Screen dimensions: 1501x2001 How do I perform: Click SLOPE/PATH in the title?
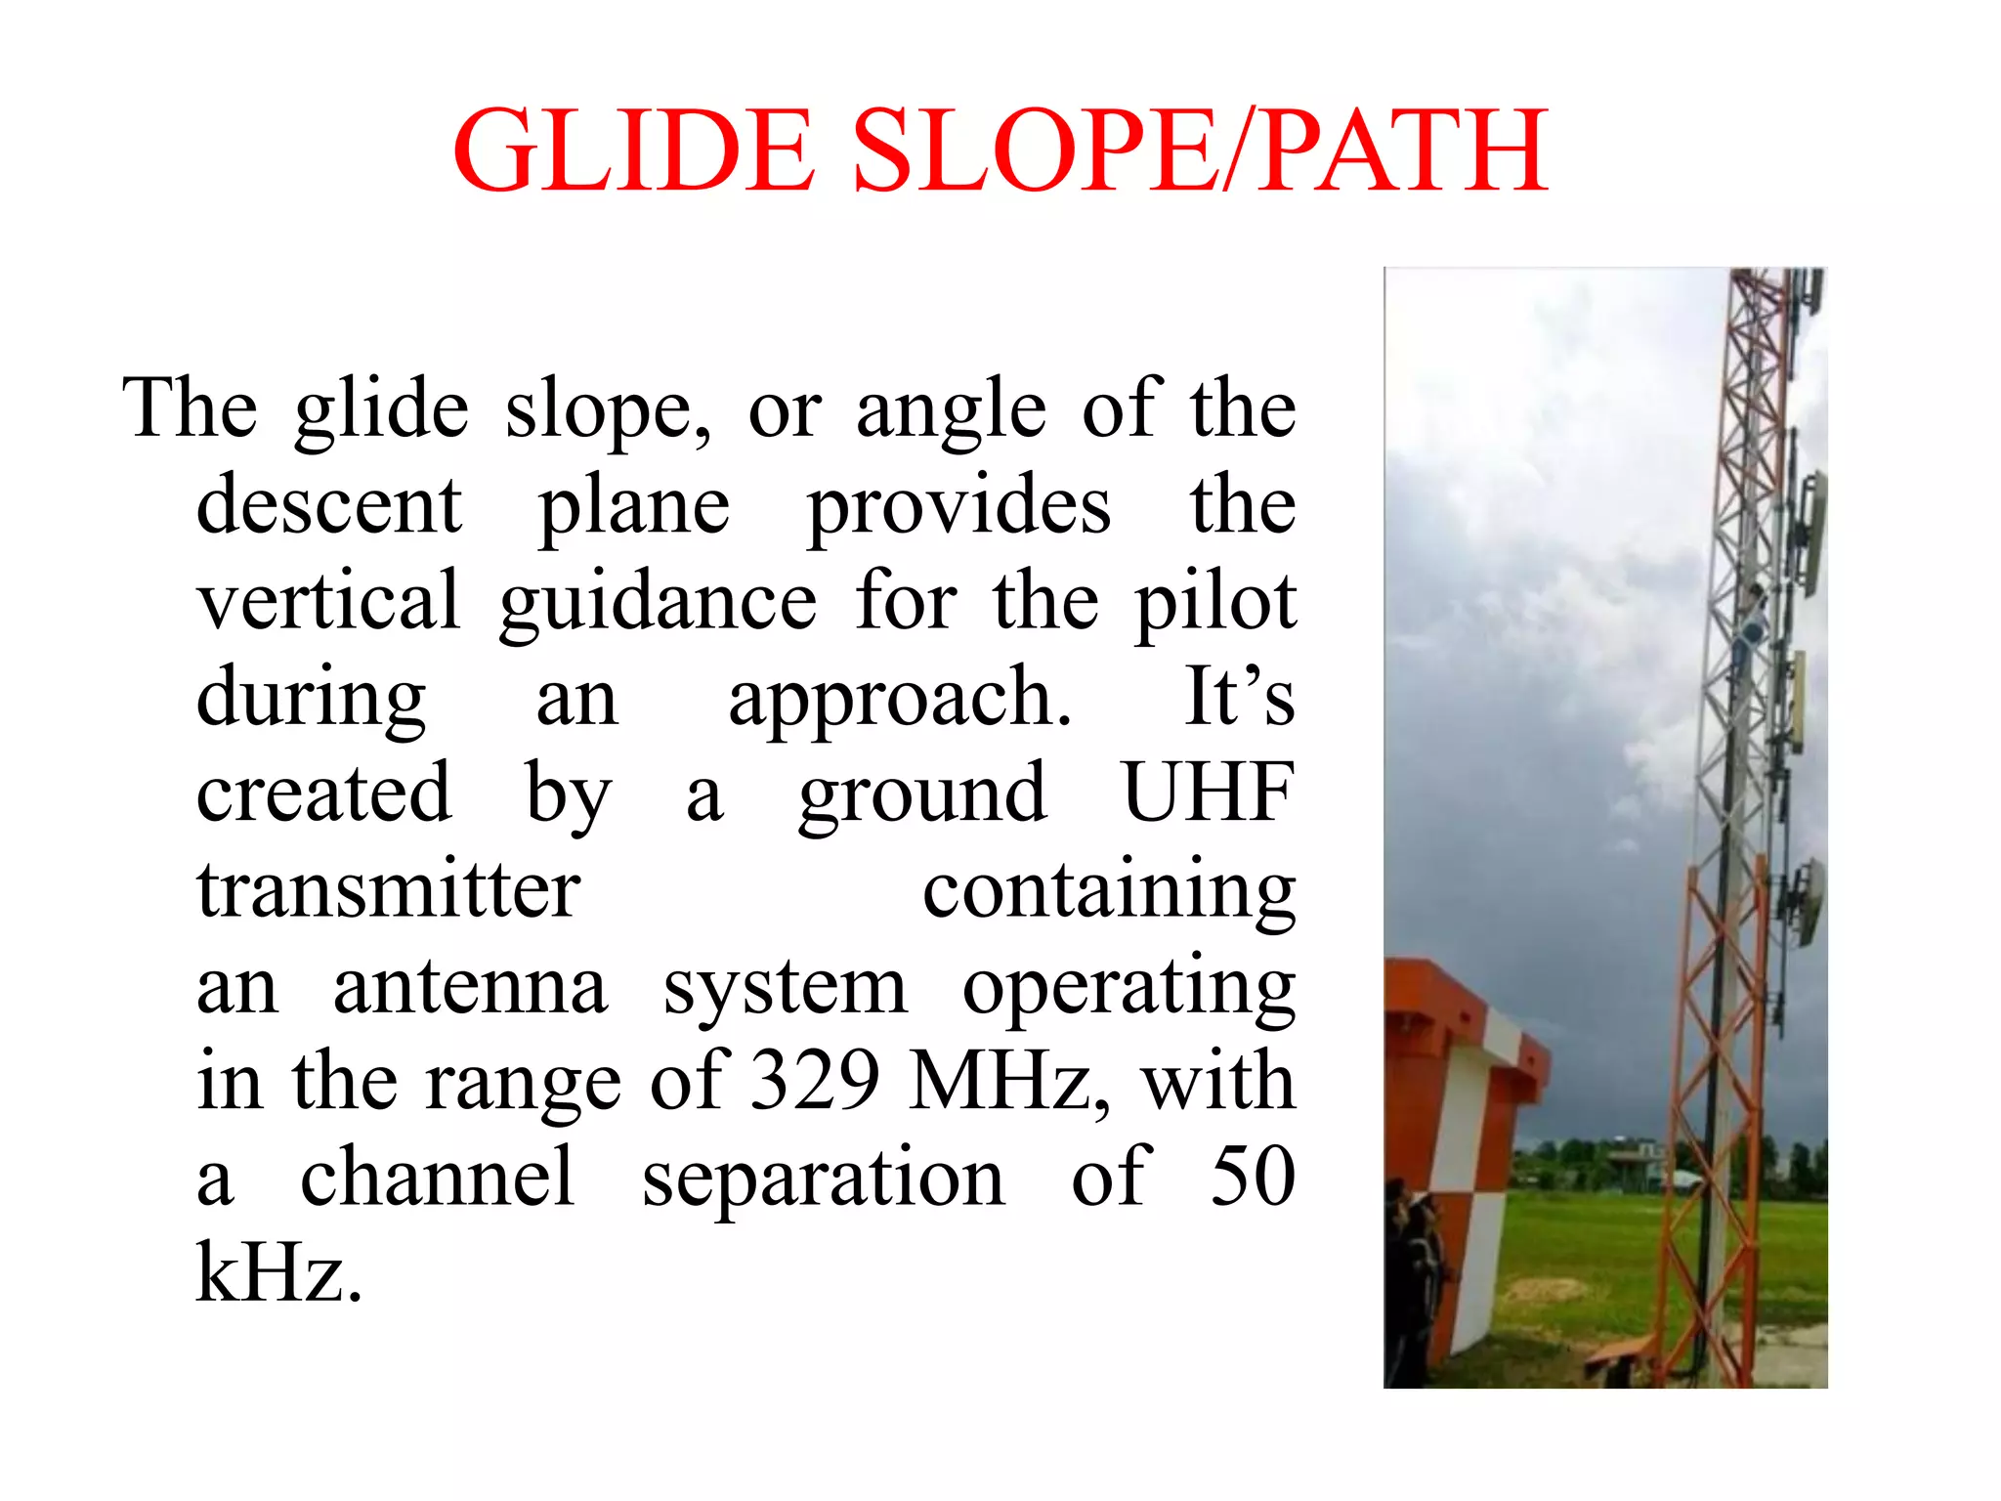coord(1201,151)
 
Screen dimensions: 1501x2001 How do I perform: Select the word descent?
coord(329,506)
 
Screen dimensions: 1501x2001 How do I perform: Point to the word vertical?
coord(328,600)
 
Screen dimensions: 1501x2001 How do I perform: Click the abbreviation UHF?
coord(1208,793)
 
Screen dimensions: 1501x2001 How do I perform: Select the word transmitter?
coord(389,889)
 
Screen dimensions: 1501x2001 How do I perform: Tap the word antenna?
coord(470,986)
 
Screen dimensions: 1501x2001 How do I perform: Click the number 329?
coord(818,1081)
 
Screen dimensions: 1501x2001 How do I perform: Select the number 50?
coord(1252,1177)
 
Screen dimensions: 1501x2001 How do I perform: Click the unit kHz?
coord(279,1272)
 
